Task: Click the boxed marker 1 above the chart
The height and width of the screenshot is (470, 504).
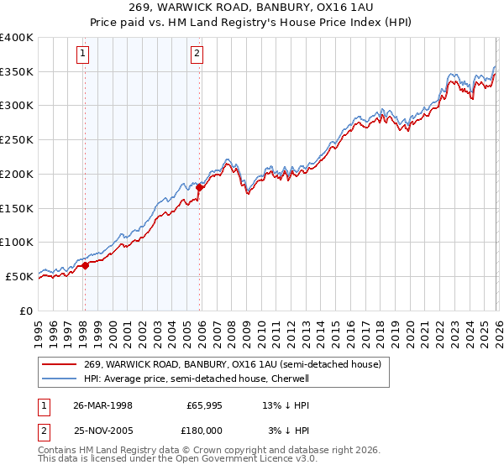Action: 84,55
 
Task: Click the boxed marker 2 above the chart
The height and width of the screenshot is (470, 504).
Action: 197,55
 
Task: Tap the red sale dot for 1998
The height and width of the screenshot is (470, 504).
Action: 86,265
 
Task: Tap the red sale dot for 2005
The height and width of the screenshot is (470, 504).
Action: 200,188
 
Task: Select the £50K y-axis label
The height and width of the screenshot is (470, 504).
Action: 19,276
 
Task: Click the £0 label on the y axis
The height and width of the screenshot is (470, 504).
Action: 27,311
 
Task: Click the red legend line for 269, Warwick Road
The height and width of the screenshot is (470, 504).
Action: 60,364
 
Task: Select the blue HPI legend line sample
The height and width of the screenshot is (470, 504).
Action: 60,379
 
